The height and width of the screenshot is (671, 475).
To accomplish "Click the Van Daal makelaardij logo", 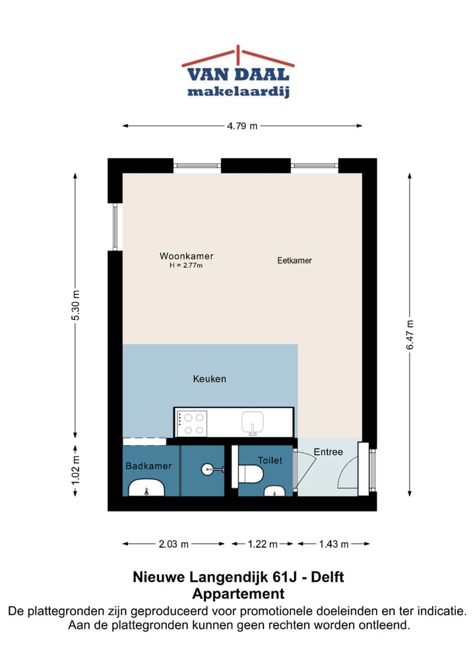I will pyautogui.click(x=237, y=73).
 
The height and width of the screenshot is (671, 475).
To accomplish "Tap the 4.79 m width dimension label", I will pyautogui.click(x=242, y=126).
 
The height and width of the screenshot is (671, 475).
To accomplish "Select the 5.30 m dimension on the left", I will pyautogui.click(x=76, y=306).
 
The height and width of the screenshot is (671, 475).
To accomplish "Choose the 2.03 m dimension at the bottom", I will pyautogui.click(x=174, y=544).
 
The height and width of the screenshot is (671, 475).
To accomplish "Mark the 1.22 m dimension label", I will pyautogui.click(x=263, y=544).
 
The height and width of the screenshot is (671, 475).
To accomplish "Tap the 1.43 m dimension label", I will pyautogui.click(x=333, y=544).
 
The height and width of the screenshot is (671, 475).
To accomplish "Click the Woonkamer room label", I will pyautogui.click(x=186, y=256).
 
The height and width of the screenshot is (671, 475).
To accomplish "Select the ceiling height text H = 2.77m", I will pyautogui.click(x=186, y=266).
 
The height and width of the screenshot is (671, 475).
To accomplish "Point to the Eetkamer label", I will pyautogui.click(x=294, y=260).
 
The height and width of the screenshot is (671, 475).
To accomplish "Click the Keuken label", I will pyautogui.click(x=210, y=379).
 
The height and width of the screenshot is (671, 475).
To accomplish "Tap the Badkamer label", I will pyautogui.click(x=148, y=466).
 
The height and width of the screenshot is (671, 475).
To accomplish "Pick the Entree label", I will pyautogui.click(x=328, y=452).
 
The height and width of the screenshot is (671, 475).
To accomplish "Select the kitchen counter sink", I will pyautogui.click(x=253, y=422).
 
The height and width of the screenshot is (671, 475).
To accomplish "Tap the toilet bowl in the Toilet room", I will pyautogui.click(x=251, y=473).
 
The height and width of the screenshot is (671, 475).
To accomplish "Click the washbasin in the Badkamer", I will pyautogui.click(x=146, y=489).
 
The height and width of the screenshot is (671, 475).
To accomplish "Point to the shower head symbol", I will pyautogui.click(x=210, y=469).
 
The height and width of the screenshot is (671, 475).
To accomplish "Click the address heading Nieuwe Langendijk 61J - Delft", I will pyautogui.click(x=237, y=578).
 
